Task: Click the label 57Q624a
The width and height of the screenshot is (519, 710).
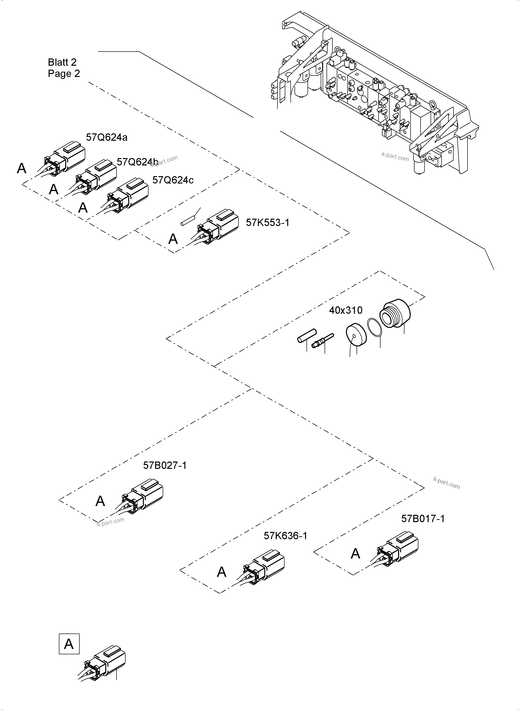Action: coord(106,137)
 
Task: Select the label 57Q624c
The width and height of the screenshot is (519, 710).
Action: coord(173,180)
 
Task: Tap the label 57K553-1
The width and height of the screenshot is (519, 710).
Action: coord(267,223)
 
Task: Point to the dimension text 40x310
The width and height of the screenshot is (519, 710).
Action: coord(346,310)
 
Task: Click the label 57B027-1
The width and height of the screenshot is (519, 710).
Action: coord(165,465)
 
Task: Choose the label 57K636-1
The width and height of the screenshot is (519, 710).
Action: coord(285,536)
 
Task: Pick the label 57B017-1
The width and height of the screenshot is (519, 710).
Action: coord(423,519)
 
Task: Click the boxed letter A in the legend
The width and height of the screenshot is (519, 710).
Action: coord(69,644)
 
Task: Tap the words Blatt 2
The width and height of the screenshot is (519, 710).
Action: coord(62,62)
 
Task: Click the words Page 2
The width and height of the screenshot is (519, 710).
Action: coord(64,74)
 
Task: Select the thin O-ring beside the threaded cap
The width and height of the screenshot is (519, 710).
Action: coord(374,328)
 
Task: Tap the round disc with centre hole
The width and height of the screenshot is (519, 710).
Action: coord(357,335)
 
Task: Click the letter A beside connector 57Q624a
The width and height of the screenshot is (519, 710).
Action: coord(21,169)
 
